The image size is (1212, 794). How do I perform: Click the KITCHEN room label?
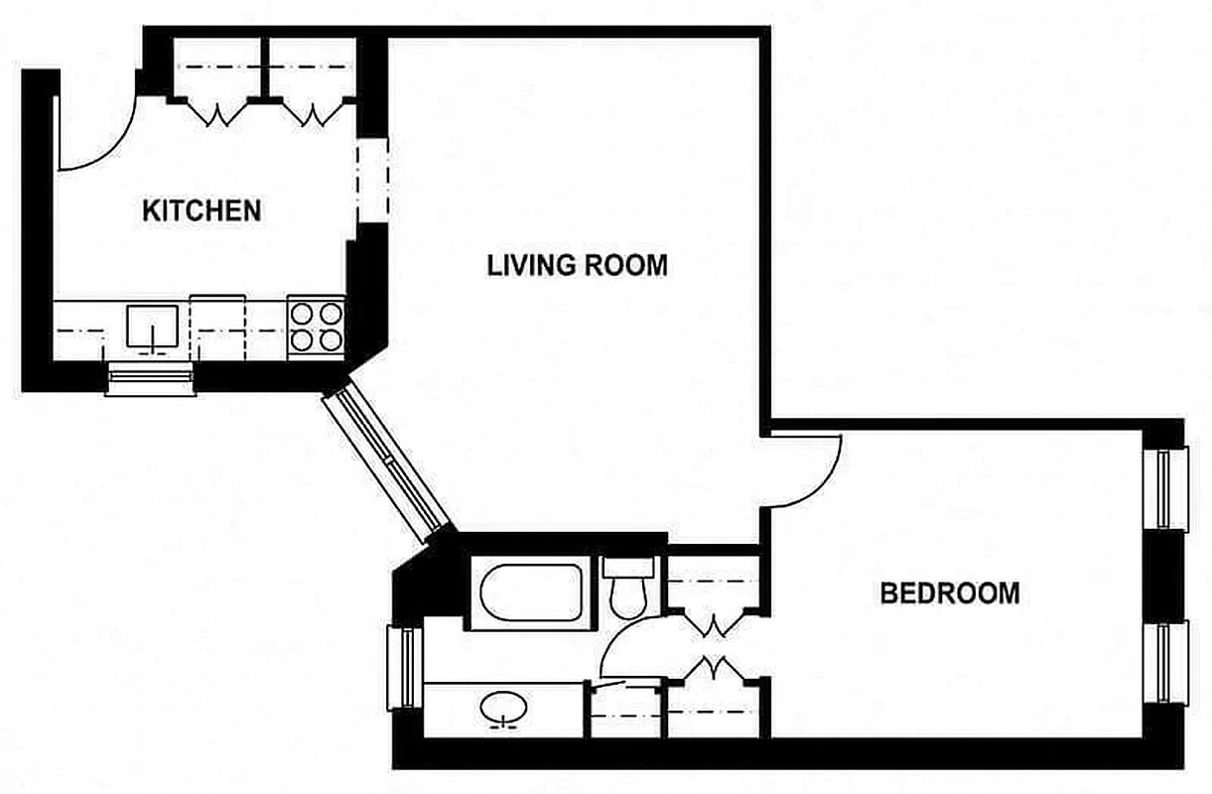(202, 210)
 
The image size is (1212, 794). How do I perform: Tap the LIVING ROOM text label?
(577, 265)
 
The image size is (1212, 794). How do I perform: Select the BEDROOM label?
(950, 594)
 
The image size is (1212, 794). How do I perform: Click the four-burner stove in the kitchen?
(316, 327)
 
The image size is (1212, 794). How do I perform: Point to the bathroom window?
(405, 668)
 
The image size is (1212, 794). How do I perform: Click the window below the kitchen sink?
(152, 379)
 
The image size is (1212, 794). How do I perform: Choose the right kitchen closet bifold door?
(313, 113)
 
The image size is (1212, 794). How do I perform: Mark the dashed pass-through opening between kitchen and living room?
(372, 181)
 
